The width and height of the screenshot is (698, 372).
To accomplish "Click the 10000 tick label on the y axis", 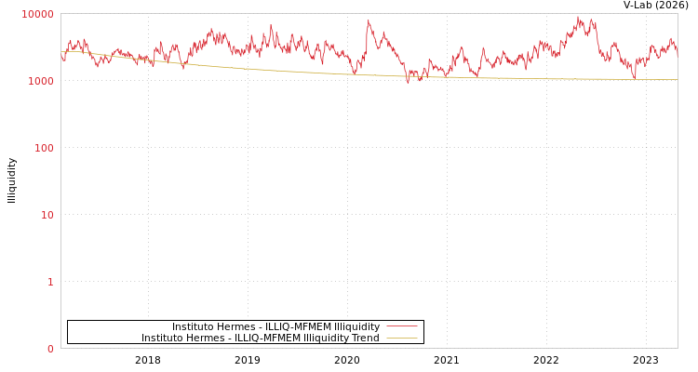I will (x=38, y=14).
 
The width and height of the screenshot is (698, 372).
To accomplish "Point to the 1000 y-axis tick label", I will (x=41, y=81).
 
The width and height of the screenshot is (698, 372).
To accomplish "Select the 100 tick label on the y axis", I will (x=44, y=148).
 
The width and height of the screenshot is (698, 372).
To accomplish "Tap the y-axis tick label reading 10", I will (x=47, y=215).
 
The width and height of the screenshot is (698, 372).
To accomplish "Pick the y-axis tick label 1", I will (x=50, y=282).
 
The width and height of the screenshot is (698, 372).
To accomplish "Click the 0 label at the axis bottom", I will (x=50, y=349).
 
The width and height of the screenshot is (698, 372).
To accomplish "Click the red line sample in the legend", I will (x=401, y=326).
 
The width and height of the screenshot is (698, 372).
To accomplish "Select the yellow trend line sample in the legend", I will (x=401, y=339).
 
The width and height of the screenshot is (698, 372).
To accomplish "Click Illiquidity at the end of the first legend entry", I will (x=356, y=326).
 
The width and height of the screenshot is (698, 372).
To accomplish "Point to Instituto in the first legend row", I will (x=195, y=326).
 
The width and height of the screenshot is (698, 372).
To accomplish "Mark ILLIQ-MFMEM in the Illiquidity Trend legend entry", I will (x=268, y=339).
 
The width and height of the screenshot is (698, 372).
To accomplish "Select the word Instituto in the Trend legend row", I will (x=164, y=339).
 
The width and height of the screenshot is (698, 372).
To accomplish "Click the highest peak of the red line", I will (x=578, y=17).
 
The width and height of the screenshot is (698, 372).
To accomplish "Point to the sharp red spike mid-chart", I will (x=368, y=21).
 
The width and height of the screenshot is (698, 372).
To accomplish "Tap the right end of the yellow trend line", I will (x=677, y=80).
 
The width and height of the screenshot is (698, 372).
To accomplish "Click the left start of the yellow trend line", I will (x=62, y=51).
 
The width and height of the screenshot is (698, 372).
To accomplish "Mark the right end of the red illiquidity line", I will (x=677, y=54).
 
